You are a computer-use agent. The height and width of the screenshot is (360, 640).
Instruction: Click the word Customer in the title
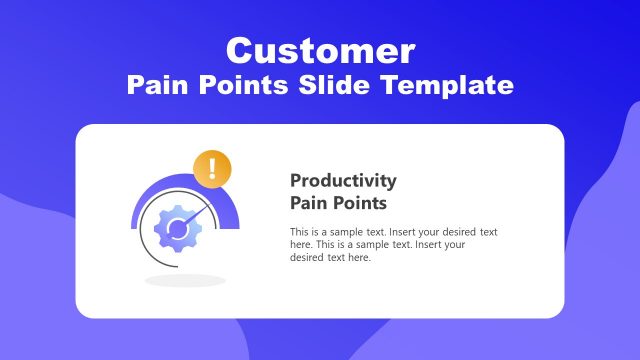coord(320,50)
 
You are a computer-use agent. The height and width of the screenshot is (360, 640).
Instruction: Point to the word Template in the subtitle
coord(449,86)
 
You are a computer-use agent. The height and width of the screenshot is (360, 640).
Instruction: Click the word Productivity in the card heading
coord(343,181)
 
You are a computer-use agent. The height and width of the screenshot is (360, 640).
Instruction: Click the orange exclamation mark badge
coord(212,167)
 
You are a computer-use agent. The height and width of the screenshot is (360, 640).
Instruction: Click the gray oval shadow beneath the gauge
coord(185,280)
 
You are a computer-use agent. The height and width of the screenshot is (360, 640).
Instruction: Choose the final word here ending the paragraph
coord(358,258)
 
